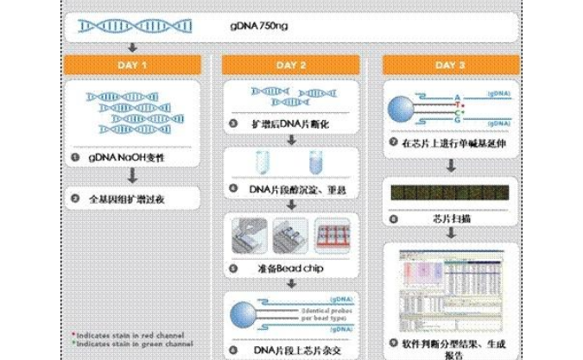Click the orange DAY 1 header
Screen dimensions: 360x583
coord(131,65)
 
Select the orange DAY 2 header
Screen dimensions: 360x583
coord(291,65)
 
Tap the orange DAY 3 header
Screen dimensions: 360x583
coord(450,65)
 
